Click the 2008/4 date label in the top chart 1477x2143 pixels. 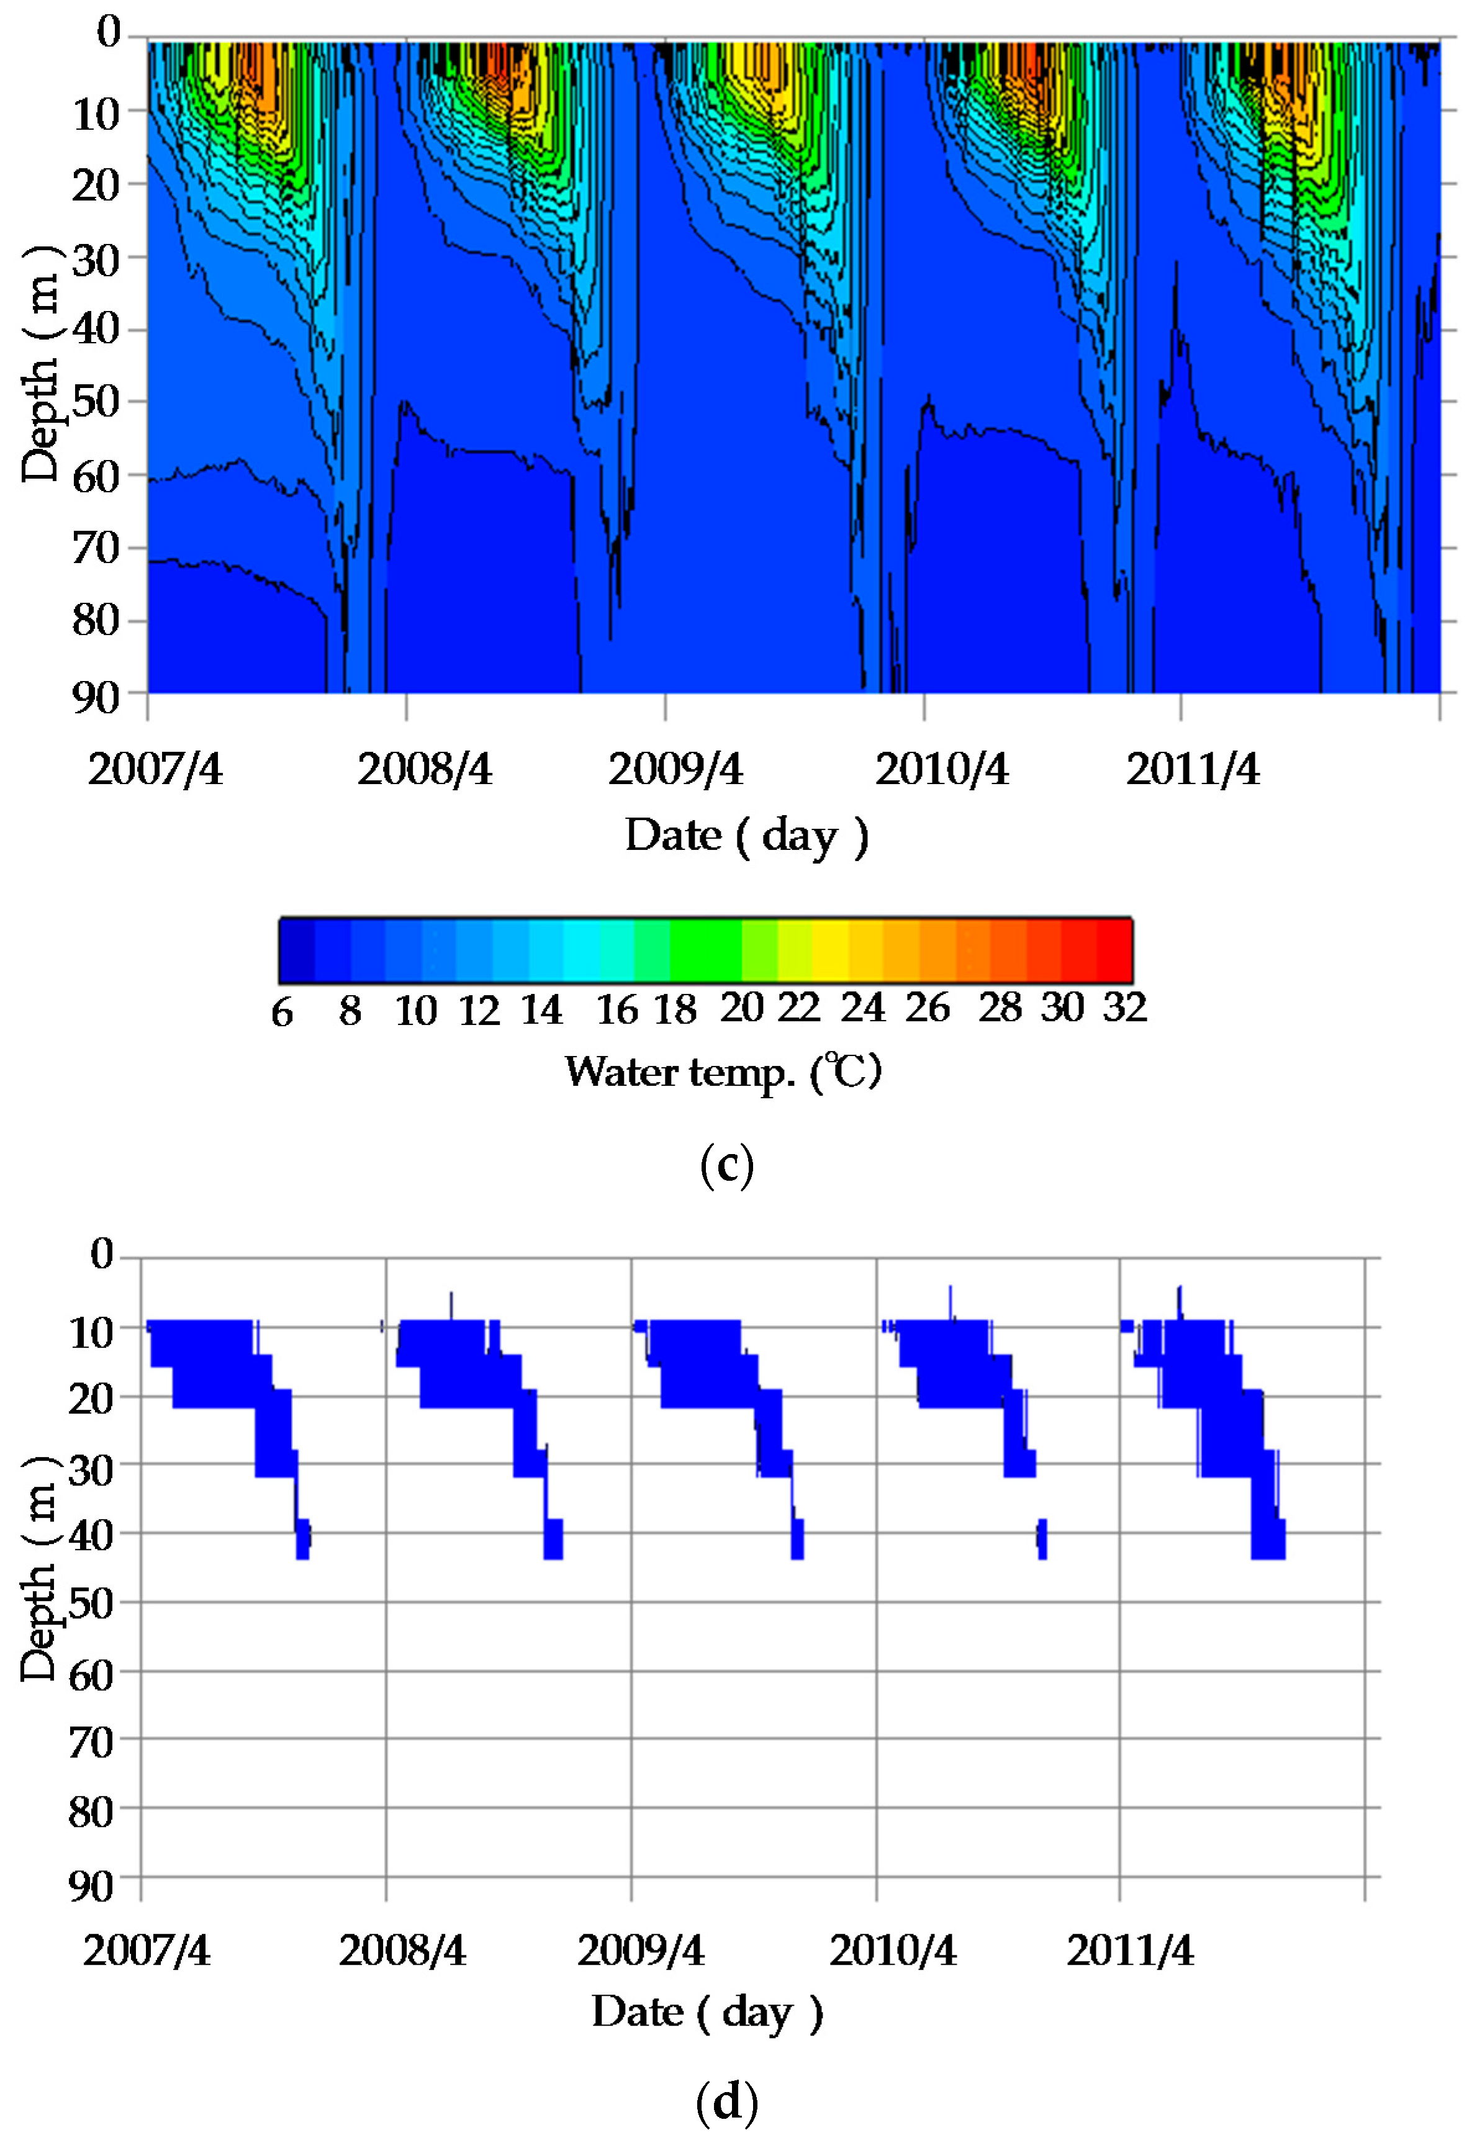point(425,769)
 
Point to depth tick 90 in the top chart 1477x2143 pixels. point(96,697)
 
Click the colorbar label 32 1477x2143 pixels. point(1124,1007)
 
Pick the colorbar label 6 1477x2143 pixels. point(282,1013)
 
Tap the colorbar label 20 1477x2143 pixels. point(742,1008)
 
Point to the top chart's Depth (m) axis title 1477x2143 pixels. point(40,364)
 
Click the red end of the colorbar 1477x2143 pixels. point(1115,949)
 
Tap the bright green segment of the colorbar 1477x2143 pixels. point(705,949)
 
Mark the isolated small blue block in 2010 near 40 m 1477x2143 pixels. point(1042,1539)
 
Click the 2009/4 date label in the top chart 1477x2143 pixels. point(675,769)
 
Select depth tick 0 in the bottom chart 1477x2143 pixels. point(102,1255)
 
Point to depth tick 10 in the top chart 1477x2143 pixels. point(96,115)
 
